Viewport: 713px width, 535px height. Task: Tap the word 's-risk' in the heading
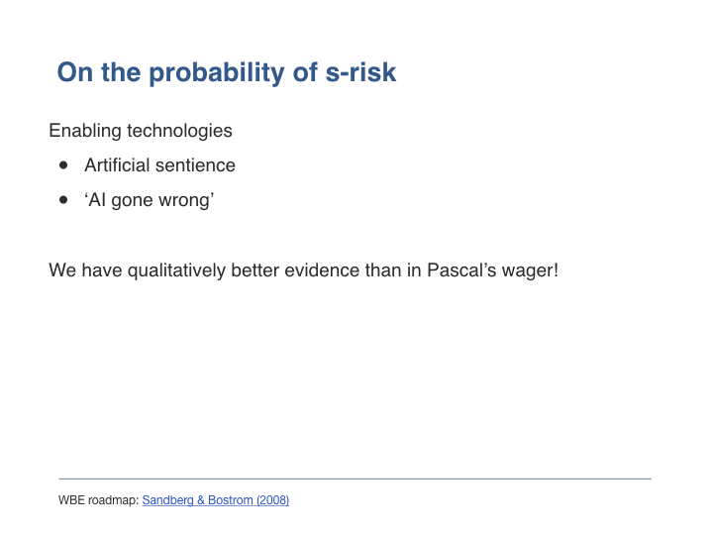point(360,72)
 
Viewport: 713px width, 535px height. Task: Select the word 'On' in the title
point(73,72)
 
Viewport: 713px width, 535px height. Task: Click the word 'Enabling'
point(85,131)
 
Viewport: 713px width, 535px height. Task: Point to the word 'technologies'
point(179,131)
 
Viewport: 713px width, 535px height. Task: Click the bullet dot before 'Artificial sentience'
point(63,165)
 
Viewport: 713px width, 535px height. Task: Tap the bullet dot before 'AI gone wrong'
point(63,200)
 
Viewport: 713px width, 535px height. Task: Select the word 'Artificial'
point(117,165)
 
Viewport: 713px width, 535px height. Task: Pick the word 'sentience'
point(195,165)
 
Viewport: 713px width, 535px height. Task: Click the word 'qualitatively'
point(176,270)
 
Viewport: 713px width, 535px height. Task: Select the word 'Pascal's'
point(461,270)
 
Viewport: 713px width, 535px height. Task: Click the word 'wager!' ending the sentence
point(530,271)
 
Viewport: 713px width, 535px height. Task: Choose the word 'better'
point(255,270)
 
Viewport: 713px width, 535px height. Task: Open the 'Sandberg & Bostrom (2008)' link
point(216,500)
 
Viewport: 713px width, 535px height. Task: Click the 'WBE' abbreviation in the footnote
point(71,500)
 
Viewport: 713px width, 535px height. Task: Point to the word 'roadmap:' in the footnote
point(113,501)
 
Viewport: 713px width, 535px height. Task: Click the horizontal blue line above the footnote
point(355,479)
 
